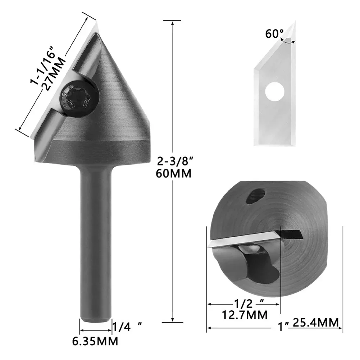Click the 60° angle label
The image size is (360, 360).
pos(274,34)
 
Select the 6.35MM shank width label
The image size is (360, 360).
pos(96,340)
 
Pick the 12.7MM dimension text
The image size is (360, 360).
pos(245,315)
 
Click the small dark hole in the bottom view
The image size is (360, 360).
pos(256,196)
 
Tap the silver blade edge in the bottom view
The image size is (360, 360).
pos(245,240)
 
